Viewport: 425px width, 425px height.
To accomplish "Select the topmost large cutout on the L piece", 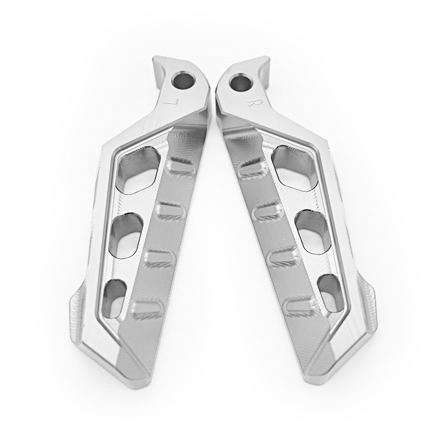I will tap(141, 168).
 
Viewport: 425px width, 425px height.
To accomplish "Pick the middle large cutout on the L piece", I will tap(127, 234).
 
